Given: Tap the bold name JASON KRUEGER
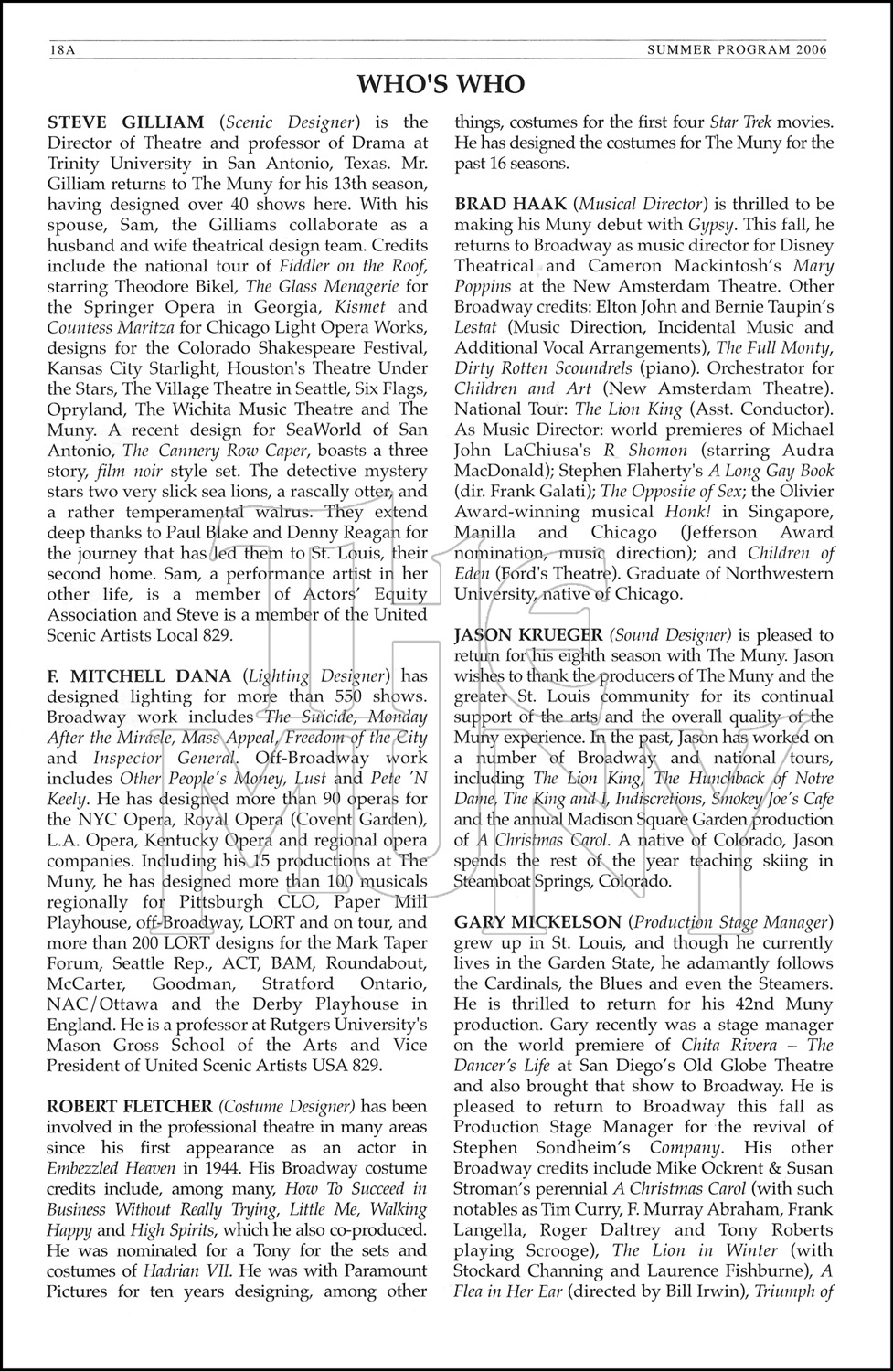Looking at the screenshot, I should tap(528, 635).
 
